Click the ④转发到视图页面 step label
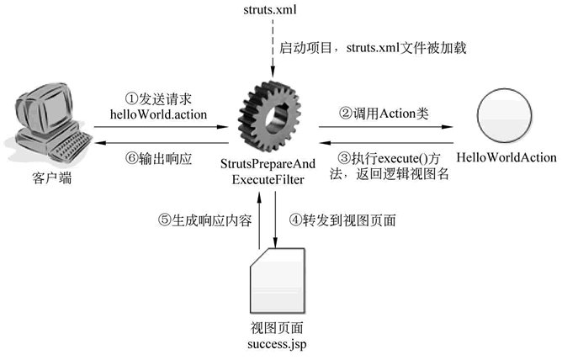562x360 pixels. coord(342,220)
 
